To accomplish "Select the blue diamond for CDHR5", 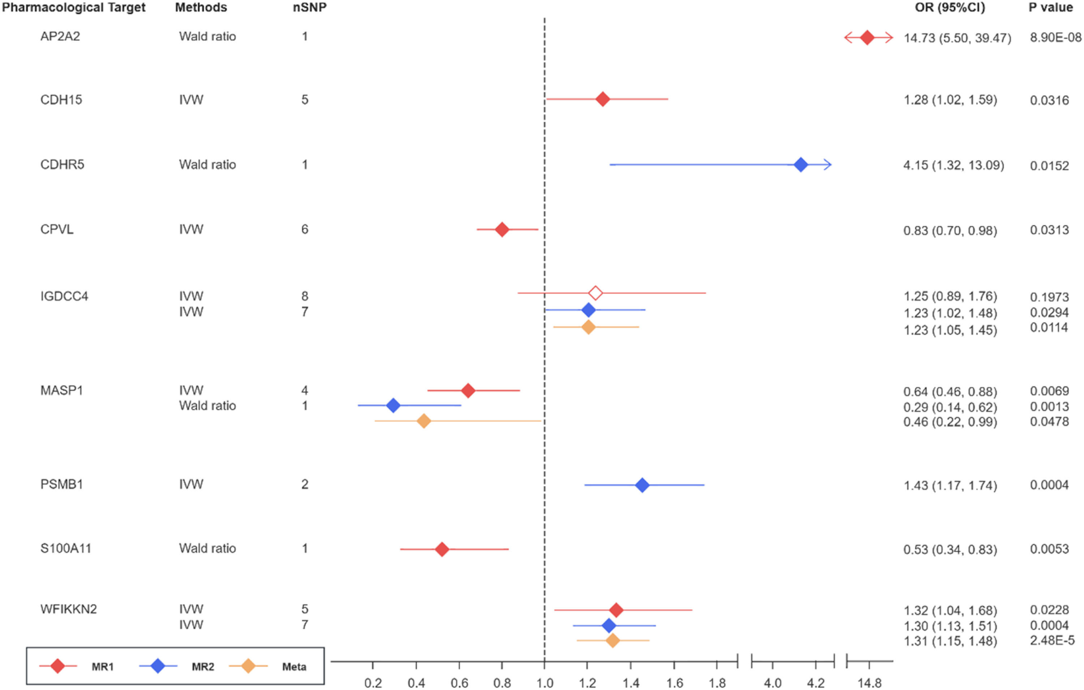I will tap(800, 165).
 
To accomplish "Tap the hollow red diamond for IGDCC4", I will tap(595, 293).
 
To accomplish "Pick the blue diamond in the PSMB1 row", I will tap(642, 485).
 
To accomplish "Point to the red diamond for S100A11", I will tap(442, 549).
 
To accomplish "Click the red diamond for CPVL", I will tap(502, 229).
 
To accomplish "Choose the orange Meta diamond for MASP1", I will tap(423, 421).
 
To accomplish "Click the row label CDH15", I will tap(61, 99).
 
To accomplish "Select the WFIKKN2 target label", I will tap(68, 609).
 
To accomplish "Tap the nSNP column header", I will tap(309, 8).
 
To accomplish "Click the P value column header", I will tap(1050, 8).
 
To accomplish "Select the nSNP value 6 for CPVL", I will tap(305, 229).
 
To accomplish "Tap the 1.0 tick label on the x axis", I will tap(545, 683).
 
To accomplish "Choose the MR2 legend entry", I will tap(203, 667).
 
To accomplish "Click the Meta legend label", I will tap(294, 667).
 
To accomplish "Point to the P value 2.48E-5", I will tap(1051, 640).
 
